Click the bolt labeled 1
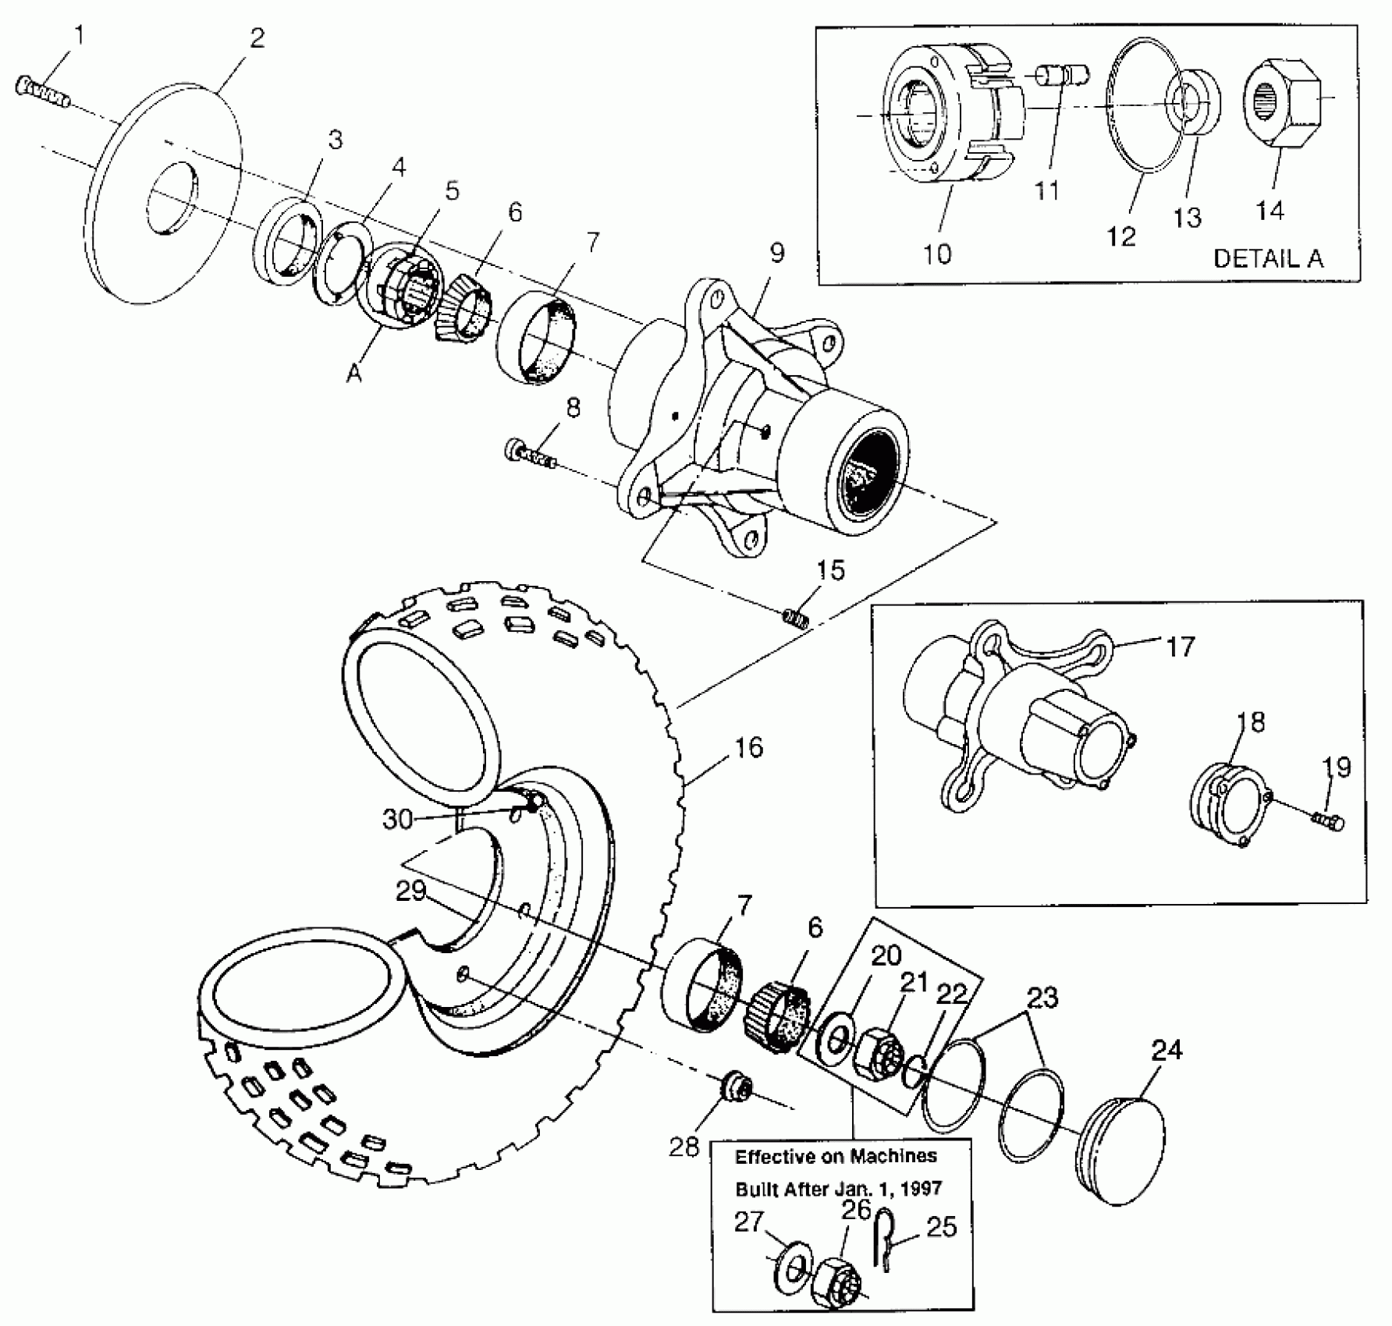(42, 91)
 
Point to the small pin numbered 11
(1063, 76)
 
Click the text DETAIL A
(1268, 259)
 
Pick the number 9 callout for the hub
(776, 253)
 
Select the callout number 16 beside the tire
(748, 747)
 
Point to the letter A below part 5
(355, 374)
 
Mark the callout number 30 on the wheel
(397, 819)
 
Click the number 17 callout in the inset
(1180, 647)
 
